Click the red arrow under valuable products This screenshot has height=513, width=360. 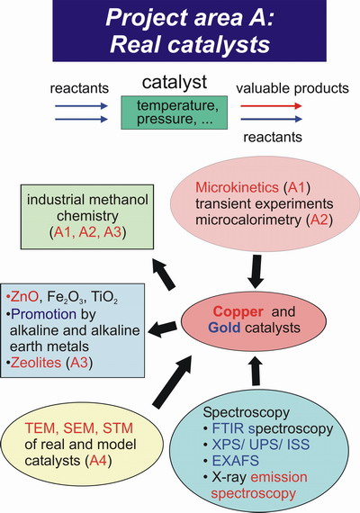271,105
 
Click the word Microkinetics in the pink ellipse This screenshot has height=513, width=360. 237,187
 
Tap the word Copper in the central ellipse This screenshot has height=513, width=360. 238,311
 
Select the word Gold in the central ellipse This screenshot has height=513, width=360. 224,328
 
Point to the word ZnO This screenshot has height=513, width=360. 24,297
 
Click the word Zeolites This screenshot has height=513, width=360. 36,363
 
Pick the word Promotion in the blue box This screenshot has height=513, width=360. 43,314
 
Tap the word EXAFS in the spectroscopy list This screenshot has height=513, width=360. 236,461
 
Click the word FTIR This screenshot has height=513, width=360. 229,428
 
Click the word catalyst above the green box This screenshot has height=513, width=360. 175,82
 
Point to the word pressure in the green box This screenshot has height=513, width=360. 165,119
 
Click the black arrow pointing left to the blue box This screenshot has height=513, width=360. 162,328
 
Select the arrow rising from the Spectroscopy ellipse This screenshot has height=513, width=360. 256,370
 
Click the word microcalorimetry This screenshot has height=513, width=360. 247,220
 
